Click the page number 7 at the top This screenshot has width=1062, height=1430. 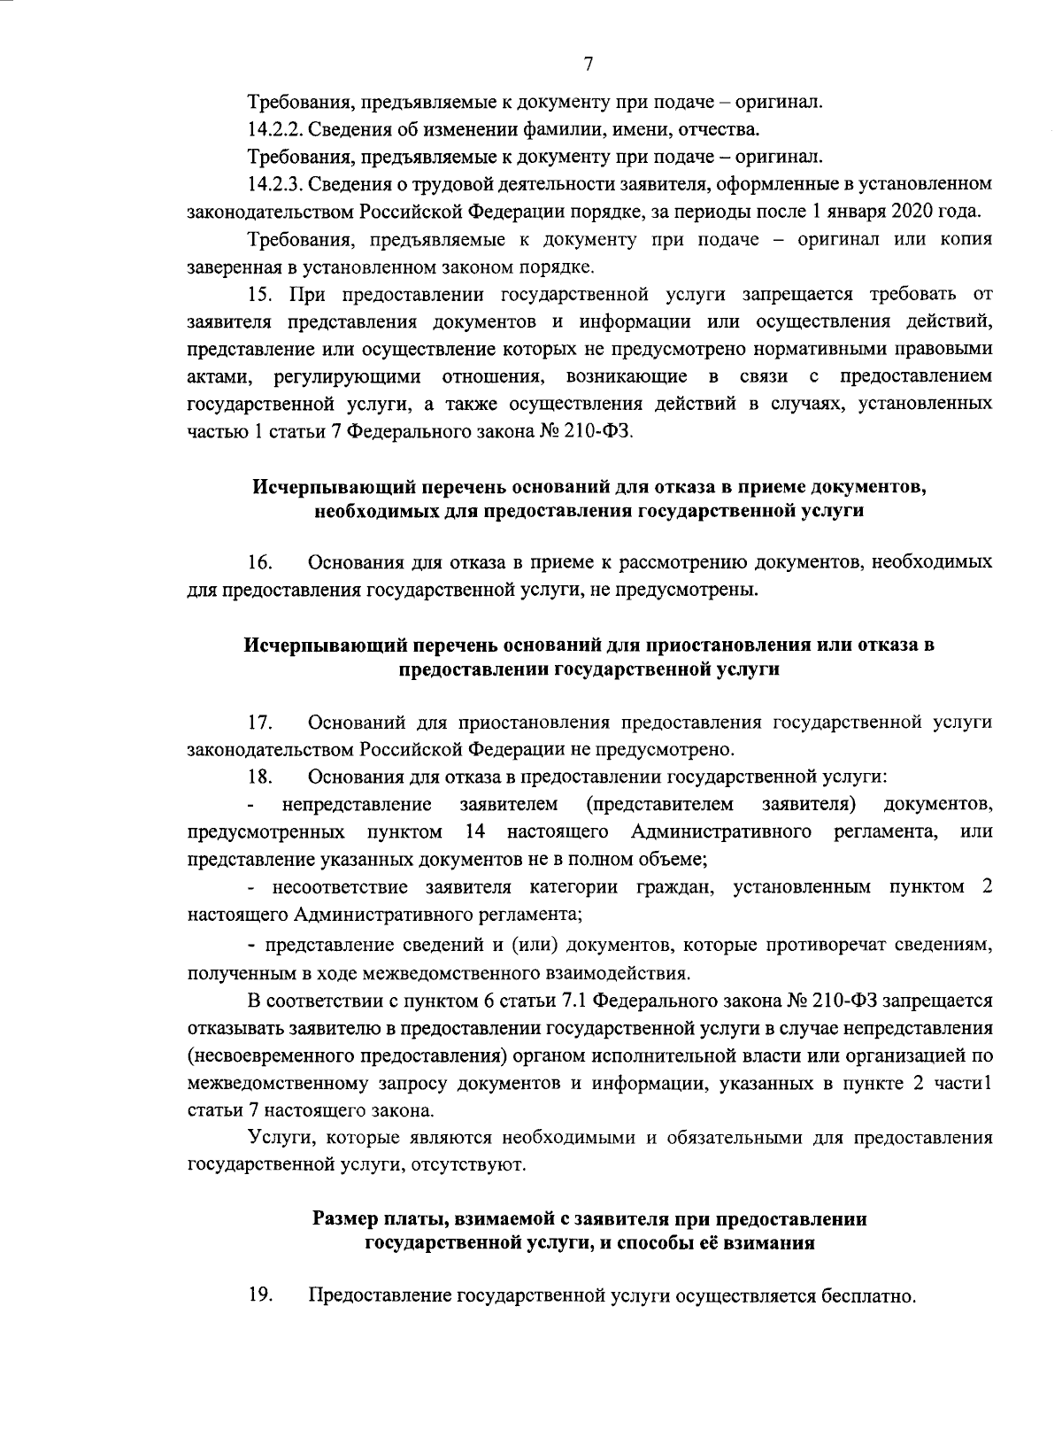pyautogui.click(x=588, y=64)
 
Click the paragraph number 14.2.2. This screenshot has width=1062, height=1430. pyautogui.click(x=275, y=130)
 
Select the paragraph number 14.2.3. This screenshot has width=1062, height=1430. pyautogui.click(x=275, y=185)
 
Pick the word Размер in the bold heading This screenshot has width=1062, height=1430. pyautogui.click(x=344, y=1219)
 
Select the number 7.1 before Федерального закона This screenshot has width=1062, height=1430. pyautogui.click(x=571, y=1001)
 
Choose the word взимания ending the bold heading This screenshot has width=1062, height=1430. pyautogui.click(x=769, y=1242)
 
